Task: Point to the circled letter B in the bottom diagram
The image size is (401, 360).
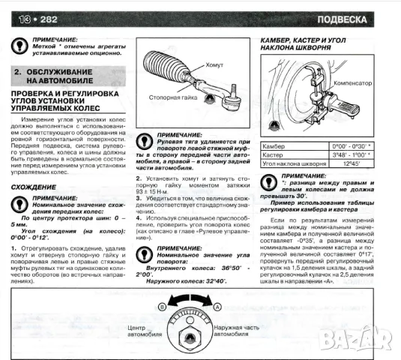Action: click(160, 307)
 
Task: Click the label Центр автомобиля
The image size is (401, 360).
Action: click(142, 332)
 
